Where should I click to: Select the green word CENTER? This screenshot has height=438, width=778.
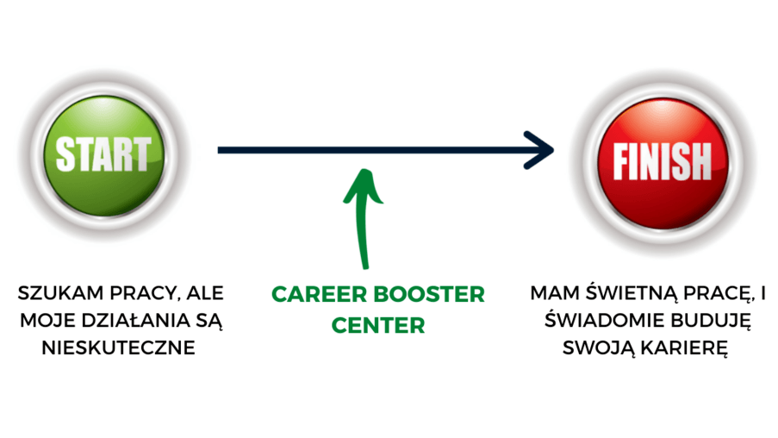click(379, 326)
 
